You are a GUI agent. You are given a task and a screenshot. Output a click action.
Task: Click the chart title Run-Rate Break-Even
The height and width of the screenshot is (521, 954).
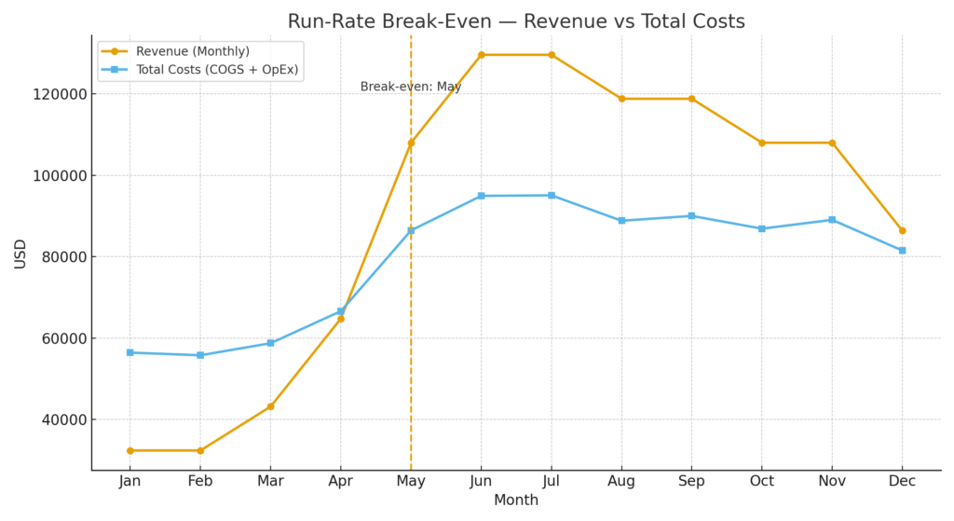pyautogui.click(x=516, y=21)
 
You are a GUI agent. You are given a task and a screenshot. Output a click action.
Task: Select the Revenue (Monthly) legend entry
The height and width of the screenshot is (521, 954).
pyautogui.click(x=192, y=51)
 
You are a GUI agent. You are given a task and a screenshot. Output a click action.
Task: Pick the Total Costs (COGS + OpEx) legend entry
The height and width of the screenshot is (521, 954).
pyautogui.click(x=217, y=70)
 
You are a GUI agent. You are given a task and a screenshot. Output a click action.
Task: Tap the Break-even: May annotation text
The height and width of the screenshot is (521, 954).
pyautogui.click(x=411, y=87)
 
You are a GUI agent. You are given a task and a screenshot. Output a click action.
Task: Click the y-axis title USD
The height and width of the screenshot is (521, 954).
pyautogui.click(x=20, y=254)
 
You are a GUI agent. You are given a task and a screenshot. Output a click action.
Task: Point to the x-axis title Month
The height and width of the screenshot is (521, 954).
pyautogui.click(x=516, y=500)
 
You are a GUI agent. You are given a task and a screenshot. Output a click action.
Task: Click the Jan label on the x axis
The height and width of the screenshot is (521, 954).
pyautogui.click(x=129, y=482)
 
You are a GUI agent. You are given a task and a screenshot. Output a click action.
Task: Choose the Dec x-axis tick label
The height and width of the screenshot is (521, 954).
pyautogui.click(x=902, y=482)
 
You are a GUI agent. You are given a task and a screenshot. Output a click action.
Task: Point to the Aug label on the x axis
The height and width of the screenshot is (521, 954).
pyautogui.click(x=621, y=482)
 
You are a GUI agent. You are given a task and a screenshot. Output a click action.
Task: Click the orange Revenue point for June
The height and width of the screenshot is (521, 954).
pyautogui.click(x=481, y=55)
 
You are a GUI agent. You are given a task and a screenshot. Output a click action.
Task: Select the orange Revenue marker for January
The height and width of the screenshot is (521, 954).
pyautogui.click(x=129, y=450)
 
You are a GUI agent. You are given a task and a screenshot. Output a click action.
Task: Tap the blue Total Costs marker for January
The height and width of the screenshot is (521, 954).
pyautogui.click(x=129, y=352)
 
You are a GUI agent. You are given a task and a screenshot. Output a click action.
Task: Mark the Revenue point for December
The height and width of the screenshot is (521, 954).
pyautogui.click(x=902, y=230)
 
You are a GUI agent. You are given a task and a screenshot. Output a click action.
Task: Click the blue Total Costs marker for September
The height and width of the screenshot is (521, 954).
pyautogui.click(x=691, y=215)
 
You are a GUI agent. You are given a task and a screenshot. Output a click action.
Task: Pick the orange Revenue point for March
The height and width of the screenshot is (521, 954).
pyautogui.click(x=270, y=406)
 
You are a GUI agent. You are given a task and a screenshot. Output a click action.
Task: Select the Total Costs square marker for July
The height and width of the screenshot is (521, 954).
pyautogui.click(x=551, y=195)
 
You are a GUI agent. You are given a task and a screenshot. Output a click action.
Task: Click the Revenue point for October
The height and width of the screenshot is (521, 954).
pyautogui.click(x=761, y=143)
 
